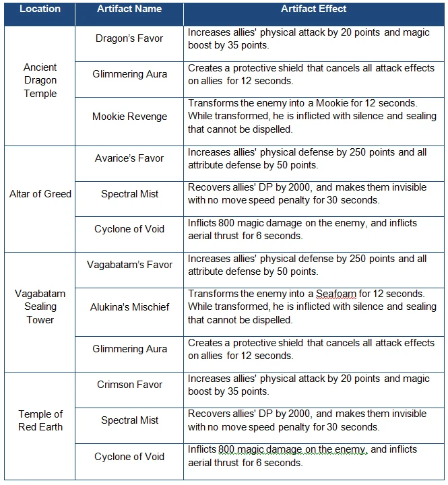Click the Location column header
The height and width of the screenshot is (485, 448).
tap(40, 9)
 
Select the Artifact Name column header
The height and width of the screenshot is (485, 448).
tap(129, 9)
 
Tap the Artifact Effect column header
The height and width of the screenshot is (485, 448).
tap(314, 9)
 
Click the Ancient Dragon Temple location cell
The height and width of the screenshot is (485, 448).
tap(40, 80)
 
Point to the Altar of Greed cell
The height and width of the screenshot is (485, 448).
tap(40, 194)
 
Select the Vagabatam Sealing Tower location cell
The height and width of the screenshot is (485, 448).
tap(40, 306)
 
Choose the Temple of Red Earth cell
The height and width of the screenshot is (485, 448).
tap(40, 420)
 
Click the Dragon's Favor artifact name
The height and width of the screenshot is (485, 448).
tap(129, 38)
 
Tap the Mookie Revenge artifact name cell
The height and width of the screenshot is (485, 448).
tap(129, 117)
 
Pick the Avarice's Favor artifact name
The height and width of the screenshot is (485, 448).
tap(129, 158)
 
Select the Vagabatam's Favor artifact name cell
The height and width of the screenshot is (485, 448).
tap(129, 265)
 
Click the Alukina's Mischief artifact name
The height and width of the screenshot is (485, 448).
tap(129, 307)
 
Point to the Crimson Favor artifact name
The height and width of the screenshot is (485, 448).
tap(129, 385)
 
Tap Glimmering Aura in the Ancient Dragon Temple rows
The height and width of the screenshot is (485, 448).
tap(129, 74)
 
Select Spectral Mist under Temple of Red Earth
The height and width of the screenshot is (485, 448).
tap(129, 420)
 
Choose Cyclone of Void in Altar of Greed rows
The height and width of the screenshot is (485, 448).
tap(129, 229)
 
